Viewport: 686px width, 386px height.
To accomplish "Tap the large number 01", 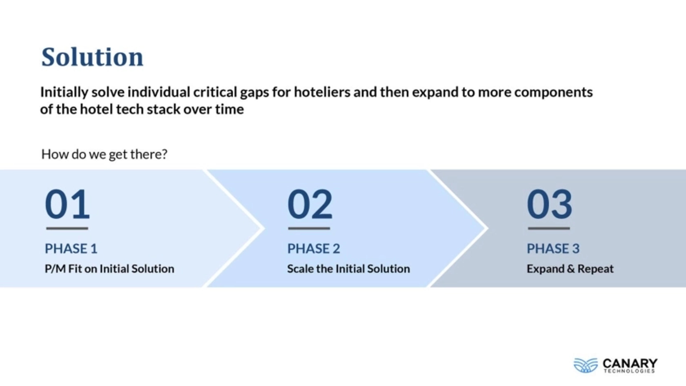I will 67,204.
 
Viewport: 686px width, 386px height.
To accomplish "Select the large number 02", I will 310,204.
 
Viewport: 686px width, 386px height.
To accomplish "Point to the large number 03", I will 549,204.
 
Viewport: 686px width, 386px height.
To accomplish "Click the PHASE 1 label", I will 71,249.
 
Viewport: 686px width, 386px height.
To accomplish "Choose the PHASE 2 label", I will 314,249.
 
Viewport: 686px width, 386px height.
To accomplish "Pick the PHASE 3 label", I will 553,249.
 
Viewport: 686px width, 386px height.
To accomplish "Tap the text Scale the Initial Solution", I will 348,269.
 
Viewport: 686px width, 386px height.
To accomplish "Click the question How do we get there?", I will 104,154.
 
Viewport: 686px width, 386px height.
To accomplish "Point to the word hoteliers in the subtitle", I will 322,92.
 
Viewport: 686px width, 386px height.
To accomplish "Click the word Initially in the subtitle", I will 64,92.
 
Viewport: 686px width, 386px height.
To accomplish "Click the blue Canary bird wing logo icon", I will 586,365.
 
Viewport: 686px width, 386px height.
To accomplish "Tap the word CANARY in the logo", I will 630,363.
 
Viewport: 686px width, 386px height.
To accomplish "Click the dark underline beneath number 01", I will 67,228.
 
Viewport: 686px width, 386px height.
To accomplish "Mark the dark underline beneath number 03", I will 549,228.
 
